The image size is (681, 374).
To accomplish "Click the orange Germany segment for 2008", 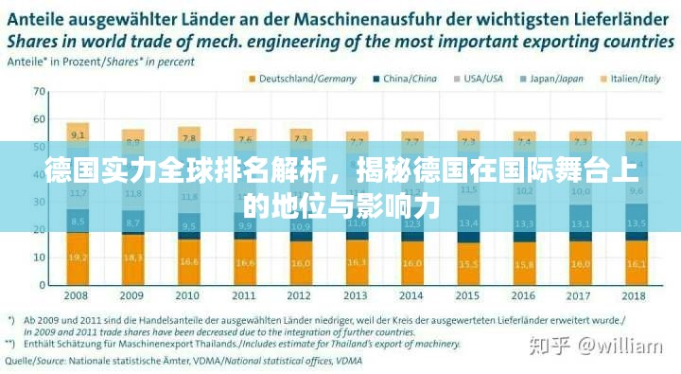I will click(79, 258).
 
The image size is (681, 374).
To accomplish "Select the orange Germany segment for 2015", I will click(467, 264).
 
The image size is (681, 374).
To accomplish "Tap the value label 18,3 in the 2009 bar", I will click(133, 258).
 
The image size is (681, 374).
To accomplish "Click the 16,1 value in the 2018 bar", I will click(636, 262).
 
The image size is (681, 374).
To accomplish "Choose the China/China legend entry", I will click(410, 79).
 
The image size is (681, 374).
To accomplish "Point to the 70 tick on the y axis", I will click(40, 92).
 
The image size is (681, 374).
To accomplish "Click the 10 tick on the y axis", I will click(40, 257).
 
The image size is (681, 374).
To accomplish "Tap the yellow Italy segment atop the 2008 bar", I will click(79, 134).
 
